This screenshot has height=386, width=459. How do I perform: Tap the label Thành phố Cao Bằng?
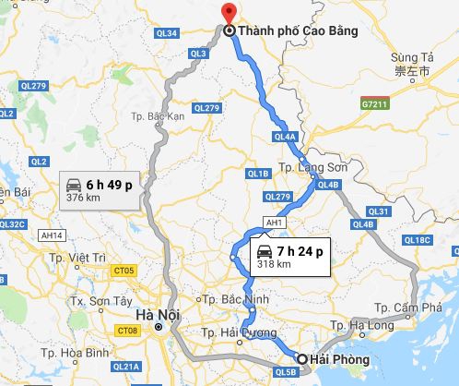[287, 30]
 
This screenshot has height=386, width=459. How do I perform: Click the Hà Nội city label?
[153, 314]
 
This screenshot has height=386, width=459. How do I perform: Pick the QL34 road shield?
[167, 33]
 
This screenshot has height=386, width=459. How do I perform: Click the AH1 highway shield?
[273, 223]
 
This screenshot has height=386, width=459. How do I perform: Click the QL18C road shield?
[418, 241]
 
